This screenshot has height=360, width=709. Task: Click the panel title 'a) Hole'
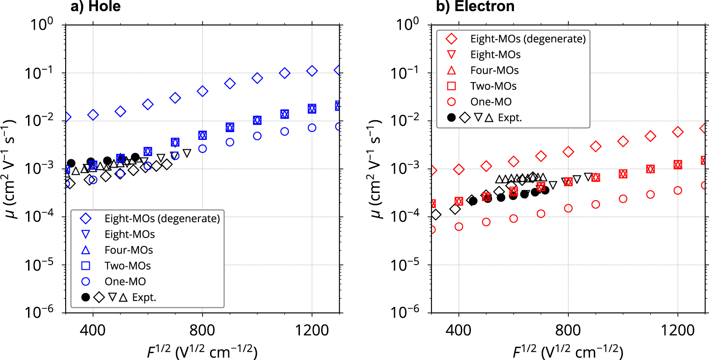[95, 6]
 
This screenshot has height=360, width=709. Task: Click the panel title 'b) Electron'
[475, 6]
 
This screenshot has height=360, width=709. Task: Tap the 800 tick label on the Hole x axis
[202, 331]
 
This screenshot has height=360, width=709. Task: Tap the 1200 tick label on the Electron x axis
[677, 331]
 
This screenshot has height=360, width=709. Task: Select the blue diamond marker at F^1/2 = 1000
[257, 78]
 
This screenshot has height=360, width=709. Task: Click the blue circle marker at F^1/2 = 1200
[312, 128]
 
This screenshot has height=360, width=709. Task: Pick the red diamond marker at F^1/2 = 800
[568, 152]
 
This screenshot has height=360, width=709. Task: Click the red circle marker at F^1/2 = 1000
[623, 199]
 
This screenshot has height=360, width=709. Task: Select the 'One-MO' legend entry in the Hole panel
[125, 281]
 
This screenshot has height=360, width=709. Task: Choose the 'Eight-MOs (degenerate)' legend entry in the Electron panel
[528, 39]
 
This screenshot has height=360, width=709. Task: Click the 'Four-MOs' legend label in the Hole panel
[129, 250]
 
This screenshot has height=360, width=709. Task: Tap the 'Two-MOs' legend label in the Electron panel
[493, 86]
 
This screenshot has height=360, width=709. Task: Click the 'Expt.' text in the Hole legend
[144, 297]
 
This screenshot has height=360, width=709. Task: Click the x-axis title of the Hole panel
[202, 352]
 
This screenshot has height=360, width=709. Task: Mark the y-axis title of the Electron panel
[375, 168]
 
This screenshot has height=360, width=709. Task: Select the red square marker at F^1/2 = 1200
[678, 164]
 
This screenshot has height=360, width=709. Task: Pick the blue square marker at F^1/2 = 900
[230, 127]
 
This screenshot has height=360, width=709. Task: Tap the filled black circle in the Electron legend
[451, 117]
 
